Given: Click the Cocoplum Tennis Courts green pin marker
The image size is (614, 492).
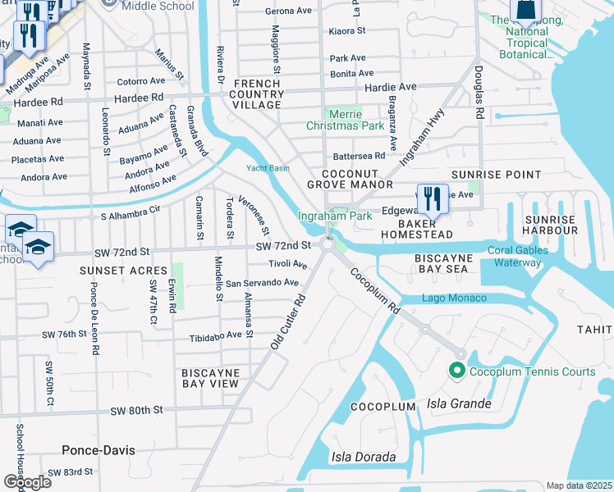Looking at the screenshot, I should click(x=457, y=371).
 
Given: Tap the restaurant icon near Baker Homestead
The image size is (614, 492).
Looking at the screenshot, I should click(x=431, y=198).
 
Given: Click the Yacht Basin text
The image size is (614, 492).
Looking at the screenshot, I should click(x=268, y=169).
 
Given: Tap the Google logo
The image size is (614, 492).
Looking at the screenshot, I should click(x=27, y=481).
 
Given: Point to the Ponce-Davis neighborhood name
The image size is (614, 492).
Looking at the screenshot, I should click(x=99, y=450).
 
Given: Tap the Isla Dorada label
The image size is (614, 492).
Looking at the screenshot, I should click(x=364, y=457).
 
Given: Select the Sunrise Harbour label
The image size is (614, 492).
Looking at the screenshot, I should click(x=550, y=225).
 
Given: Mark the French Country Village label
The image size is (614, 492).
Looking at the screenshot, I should click(x=257, y=94).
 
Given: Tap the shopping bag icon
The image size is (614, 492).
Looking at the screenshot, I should click(x=524, y=11).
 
